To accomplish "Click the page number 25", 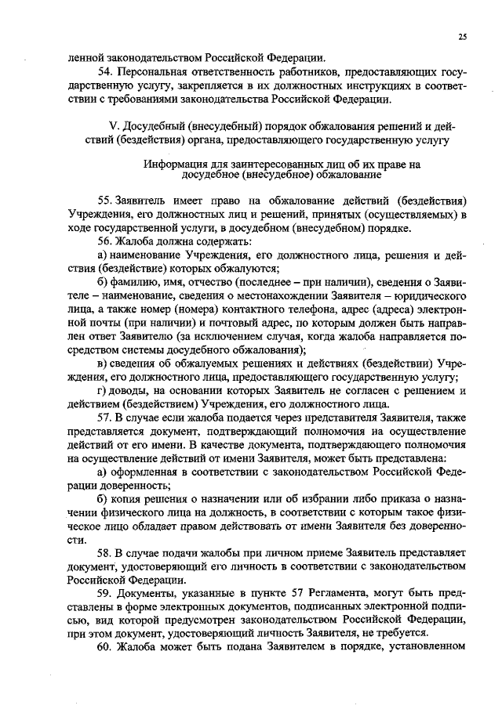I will coord(463,36).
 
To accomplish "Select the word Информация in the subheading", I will coord(173,165).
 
